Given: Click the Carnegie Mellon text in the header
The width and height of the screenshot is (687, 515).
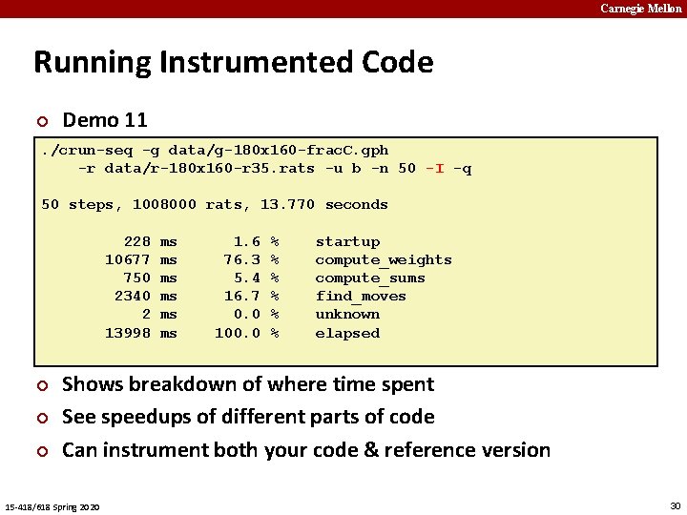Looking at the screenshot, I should (x=641, y=9).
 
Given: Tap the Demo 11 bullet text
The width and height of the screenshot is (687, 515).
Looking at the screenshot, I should (x=105, y=120).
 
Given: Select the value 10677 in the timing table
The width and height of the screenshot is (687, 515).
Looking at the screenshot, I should (x=127, y=259).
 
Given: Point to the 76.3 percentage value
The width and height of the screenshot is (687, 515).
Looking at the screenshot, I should (x=242, y=259).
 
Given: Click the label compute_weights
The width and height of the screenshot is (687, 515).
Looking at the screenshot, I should (x=384, y=259).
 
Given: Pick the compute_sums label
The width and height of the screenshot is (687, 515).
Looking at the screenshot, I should (x=370, y=278).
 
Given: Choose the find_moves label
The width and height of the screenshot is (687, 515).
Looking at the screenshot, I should (x=361, y=296).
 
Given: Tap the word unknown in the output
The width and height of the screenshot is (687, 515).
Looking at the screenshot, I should (x=347, y=314).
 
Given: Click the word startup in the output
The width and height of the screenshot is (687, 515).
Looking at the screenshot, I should (x=347, y=241).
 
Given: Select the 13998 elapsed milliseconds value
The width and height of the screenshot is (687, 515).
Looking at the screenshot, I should (x=127, y=333).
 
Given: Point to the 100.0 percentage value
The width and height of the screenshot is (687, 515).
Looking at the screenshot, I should (x=238, y=333).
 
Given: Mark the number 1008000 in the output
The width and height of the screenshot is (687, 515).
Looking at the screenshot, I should (x=164, y=204).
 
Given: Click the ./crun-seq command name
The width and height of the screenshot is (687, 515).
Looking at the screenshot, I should (x=86, y=150).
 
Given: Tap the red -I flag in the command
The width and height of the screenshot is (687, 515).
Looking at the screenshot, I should (x=434, y=168).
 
